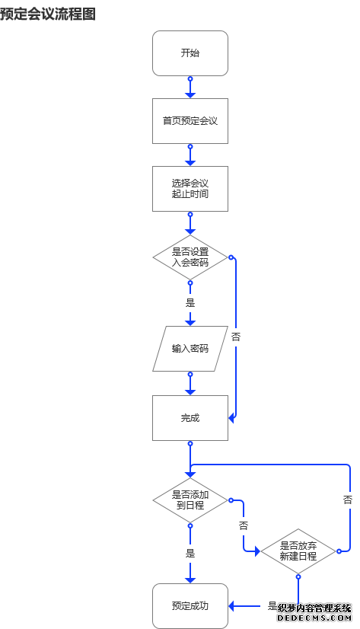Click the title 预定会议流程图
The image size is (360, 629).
click(x=48, y=14)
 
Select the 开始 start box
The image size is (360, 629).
click(x=190, y=53)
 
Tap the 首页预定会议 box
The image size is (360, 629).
click(x=190, y=120)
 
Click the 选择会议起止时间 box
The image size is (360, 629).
click(x=190, y=188)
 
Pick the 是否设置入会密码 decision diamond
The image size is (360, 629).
click(x=190, y=257)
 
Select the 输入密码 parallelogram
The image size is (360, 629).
click(x=190, y=349)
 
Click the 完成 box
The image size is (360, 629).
click(x=190, y=417)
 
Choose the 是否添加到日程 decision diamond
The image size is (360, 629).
click(x=190, y=500)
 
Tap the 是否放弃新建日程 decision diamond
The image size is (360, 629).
click(x=298, y=551)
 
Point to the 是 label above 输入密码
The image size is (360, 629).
click(x=190, y=302)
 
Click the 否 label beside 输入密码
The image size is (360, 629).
click(x=236, y=336)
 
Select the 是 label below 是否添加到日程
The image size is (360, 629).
click(x=190, y=554)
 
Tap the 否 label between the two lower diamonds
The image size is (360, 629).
click(x=244, y=526)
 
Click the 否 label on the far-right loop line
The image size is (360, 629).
click(x=348, y=500)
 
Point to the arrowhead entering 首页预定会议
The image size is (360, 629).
click(x=190, y=94)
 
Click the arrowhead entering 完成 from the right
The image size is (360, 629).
click(x=231, y=417)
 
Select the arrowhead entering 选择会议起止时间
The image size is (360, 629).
click(x=190, y=162)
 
